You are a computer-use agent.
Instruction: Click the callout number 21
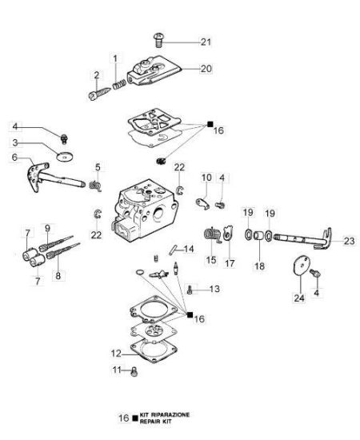pos(206,42)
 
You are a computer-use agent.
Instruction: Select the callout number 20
pos(206,69)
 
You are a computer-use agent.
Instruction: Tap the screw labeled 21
pos(159,40)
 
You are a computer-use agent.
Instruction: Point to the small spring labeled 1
pos(118,84)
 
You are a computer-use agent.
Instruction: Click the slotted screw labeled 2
pos(99,94)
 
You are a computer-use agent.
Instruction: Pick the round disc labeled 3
pos(65,156)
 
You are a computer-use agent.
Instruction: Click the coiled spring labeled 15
pos(211,235)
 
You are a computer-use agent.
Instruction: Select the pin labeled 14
pos(173,250)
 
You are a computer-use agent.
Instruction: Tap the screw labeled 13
pos(190,290)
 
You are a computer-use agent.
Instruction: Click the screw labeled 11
pos(134,372)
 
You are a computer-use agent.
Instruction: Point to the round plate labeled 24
pos(299,266)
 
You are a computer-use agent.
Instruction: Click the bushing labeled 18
pos(258,235)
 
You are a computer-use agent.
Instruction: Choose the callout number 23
pos(349,241)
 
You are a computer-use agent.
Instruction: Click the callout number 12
pos(116,354)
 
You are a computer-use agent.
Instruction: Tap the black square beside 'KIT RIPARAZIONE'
pos(135,418)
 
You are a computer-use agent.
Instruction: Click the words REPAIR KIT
pos(155,422)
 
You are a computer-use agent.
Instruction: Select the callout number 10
pos(206,178)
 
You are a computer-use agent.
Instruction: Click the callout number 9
pos(47,228)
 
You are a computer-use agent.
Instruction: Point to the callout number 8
pos(58,276)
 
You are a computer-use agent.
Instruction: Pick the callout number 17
pos(230,263)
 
